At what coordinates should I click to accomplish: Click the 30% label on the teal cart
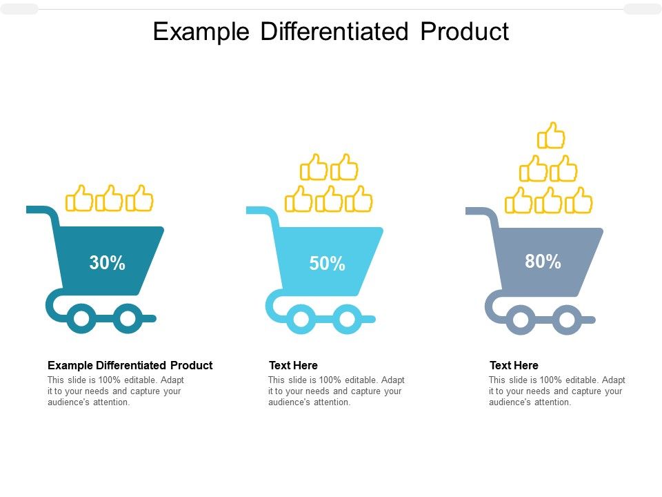108,262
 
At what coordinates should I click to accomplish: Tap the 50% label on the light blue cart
327,263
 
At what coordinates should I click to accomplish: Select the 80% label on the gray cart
543,261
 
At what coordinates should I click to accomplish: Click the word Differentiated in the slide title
334,31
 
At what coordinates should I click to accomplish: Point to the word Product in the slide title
465,31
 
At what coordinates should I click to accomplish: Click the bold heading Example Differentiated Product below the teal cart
130,365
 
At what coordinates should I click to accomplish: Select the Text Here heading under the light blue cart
294,365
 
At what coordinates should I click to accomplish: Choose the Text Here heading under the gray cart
514,365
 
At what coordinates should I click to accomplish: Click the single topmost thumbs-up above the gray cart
551,136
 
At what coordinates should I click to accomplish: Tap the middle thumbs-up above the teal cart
109,198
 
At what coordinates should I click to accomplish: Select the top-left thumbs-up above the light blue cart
314,167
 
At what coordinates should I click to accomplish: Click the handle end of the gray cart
468,211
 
